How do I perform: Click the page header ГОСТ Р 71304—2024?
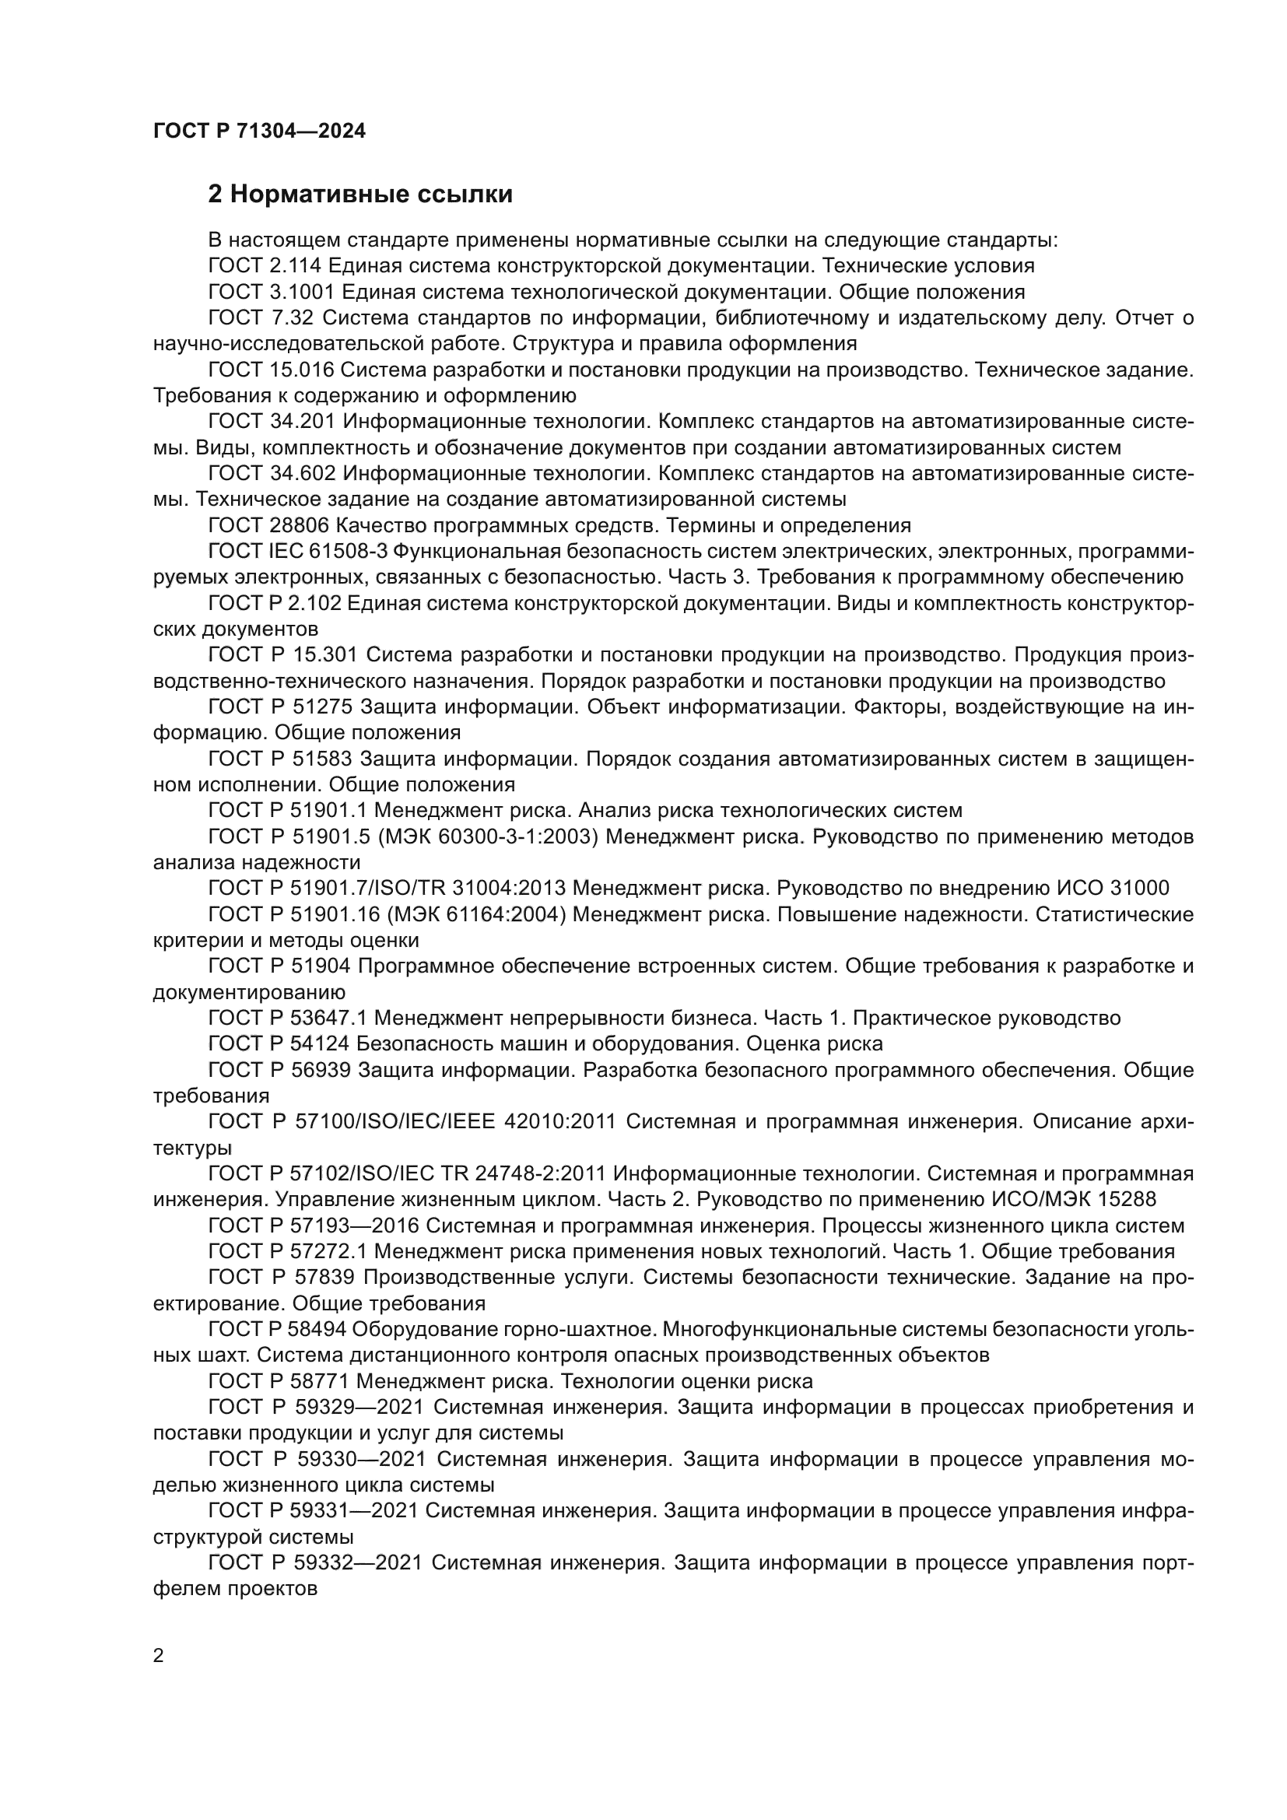[259, 132]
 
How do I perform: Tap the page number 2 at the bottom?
[159, 1656]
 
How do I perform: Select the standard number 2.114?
[296, 265]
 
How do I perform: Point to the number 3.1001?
[302, 292]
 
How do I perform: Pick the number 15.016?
[304, 370]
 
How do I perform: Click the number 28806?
[300, 525]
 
